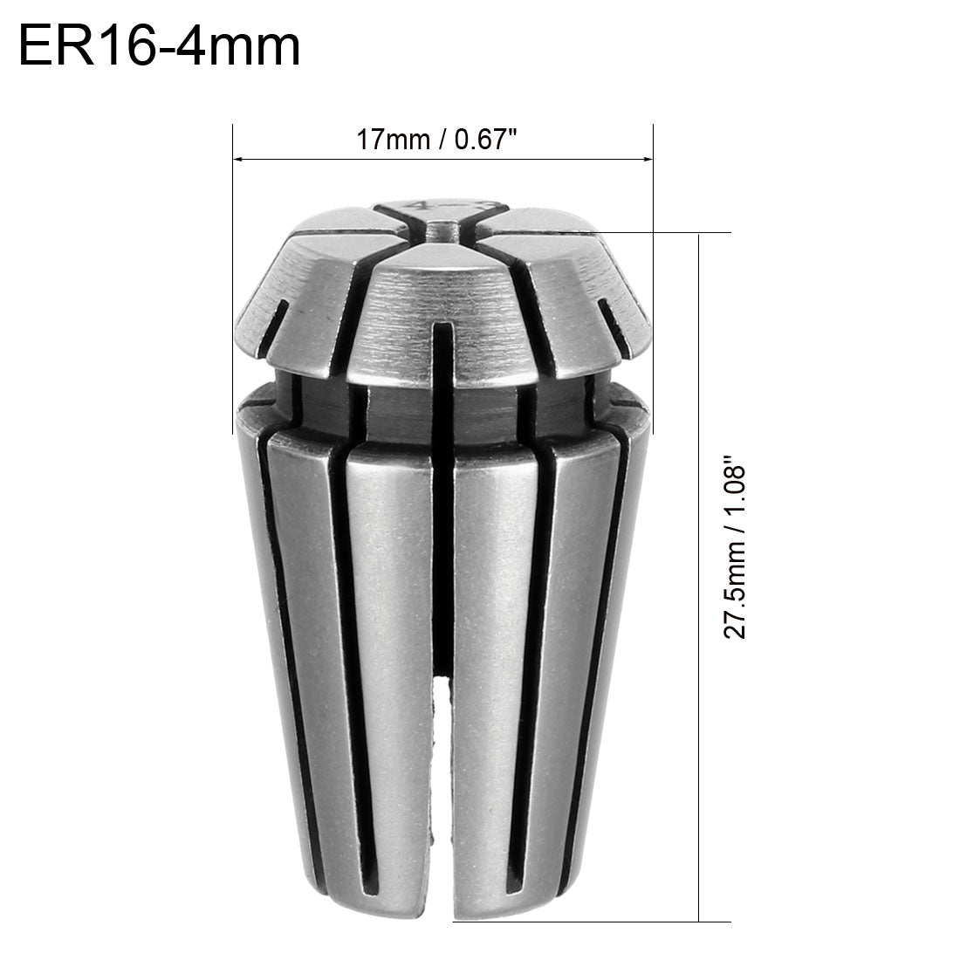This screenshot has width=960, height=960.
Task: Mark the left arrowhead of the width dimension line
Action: tap(238, 159)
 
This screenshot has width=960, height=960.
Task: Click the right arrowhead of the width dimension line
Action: tap(648, 159)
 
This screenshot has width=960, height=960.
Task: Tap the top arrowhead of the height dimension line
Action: tap(700, 239)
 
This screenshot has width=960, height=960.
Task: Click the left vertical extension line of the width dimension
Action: tap(232, 279)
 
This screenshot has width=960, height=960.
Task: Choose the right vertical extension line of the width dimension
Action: tap(654, 279)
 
